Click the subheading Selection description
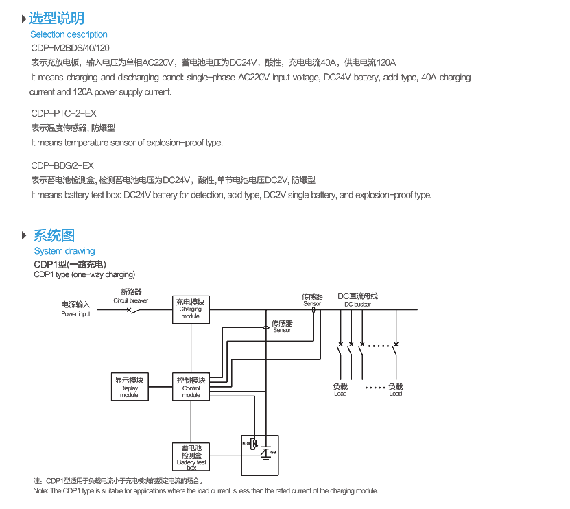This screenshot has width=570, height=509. [69, 34]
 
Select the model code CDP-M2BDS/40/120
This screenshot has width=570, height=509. [70, 47]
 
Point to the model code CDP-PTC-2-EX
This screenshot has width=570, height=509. [64, 113]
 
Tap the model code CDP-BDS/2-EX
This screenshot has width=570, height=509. [62, 165]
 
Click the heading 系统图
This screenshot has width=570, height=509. [54, 236]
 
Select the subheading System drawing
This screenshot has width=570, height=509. [64, 251]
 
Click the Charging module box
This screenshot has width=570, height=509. [191, 309]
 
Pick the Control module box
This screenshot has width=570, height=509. [191, 387]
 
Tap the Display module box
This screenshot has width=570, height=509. [129, 387]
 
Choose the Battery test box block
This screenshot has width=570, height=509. [191, 456]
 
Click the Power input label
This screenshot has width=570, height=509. [75, 309]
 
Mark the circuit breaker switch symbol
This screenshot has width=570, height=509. [135, 310]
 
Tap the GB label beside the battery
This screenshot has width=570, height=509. [272, 452]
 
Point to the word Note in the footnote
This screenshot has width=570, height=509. [40, 491]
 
